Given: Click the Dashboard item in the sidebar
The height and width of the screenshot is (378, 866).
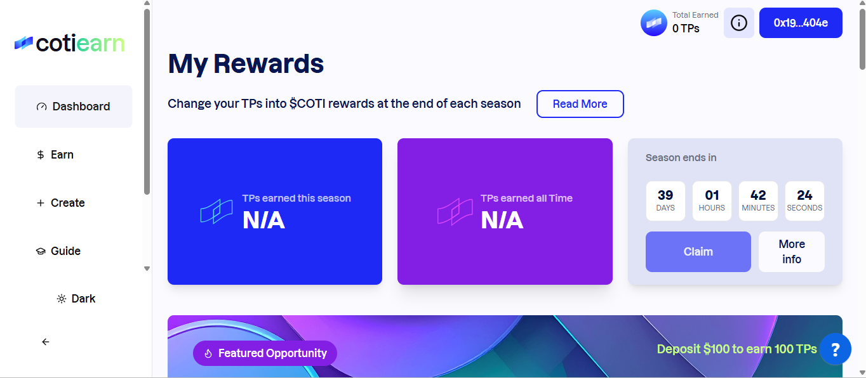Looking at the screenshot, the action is click(74, 107).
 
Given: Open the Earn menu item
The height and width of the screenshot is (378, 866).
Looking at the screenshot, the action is click(55, 155).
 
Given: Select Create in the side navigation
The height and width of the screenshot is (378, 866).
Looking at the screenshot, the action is click(60, 203).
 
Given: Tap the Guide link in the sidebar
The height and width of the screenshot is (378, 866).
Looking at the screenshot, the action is click(58, 251).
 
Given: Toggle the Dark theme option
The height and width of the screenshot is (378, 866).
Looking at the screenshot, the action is click(76, 299).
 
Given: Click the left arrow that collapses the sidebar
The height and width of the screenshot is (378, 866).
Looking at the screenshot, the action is click(46, 342).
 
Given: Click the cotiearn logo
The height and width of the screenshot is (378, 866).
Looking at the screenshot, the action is click(70, 43).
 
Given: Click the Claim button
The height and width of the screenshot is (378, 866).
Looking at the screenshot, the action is click(698, 252).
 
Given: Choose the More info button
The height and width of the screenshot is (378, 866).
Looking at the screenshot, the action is click(791, 252).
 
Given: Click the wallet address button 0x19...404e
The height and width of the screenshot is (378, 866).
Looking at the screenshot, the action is click(801, 23).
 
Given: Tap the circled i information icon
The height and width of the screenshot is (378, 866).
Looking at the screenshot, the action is click(739, 23).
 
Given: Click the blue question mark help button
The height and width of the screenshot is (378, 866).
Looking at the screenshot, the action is click(835, 349).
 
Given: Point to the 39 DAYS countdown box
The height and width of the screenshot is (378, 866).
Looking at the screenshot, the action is click(665, 201).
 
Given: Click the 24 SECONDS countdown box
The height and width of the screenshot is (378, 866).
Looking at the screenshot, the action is click(804, 201).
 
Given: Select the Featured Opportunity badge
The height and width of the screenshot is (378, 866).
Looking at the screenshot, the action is click(265, 353).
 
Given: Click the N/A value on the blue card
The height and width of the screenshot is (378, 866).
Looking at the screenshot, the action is click(263, 221).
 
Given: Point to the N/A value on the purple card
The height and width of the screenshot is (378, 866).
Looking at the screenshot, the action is click(502, 221).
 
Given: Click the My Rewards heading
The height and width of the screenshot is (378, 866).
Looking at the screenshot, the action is click(246, 63).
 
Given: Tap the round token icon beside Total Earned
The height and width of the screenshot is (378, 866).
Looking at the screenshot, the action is click(654, 23).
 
